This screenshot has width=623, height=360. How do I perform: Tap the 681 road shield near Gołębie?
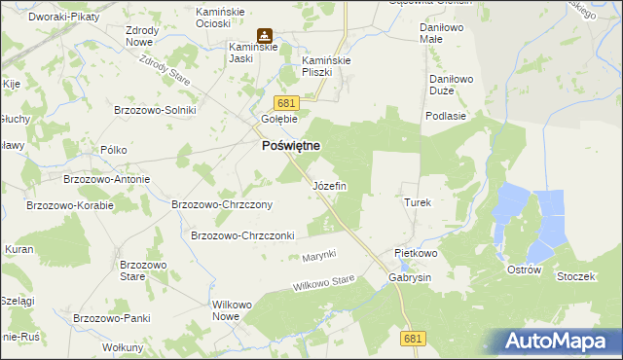[x=285, y=103]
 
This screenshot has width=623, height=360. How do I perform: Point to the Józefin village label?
[x=328, y=186]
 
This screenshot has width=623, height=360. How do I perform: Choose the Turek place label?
[x=417, y=202]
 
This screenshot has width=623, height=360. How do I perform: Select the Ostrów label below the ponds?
[x=524, y=270]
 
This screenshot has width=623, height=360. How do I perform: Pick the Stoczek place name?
[x=575, y=277]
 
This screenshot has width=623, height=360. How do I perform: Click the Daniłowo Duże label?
[x=449, y=82]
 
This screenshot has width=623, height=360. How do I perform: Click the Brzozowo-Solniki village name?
[x=155, y=110]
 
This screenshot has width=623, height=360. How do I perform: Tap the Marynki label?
[x=318, y=255]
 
